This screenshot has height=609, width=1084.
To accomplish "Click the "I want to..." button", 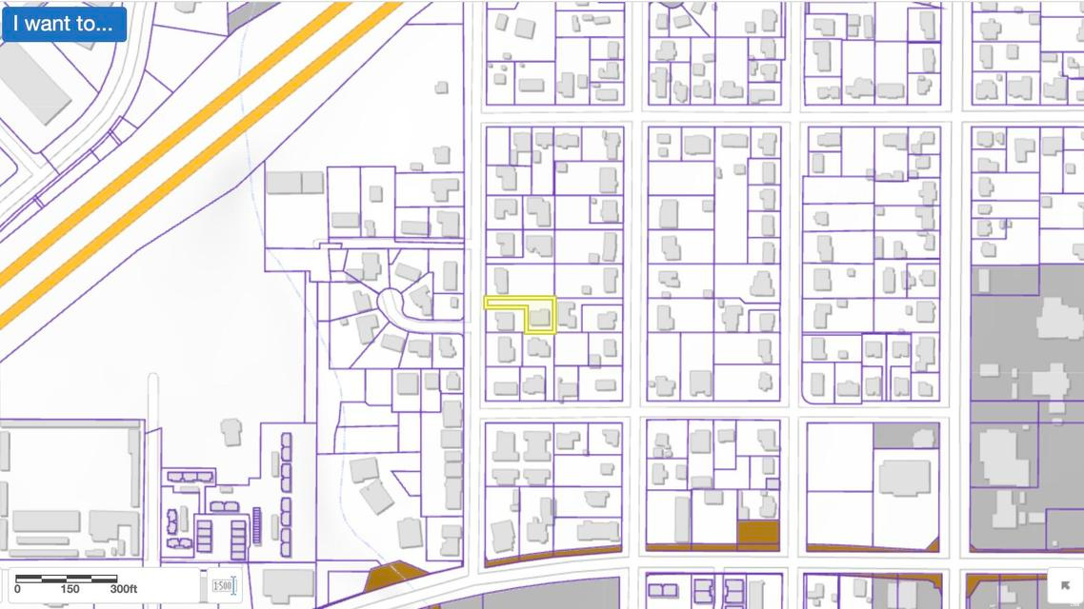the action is click(x=64, y=23).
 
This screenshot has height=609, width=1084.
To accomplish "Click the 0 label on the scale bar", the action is click(x=17, y=589).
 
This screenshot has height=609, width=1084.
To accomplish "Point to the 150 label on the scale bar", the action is click(x=70, y=589).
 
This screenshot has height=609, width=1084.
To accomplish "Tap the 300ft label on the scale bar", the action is click(x=123, y=589).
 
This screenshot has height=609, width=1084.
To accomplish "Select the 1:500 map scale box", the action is click(x=223, y=585).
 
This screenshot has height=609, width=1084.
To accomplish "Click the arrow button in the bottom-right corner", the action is click(x=1065, y=585).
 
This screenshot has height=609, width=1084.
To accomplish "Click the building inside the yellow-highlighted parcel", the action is click(x=540, y=316).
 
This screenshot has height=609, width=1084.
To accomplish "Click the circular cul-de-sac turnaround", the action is click(x=392, y=304).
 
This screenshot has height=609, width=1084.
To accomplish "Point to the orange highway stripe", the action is click(x=191, y=143).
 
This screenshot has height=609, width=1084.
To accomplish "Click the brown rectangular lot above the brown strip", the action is click(x=758, y=532).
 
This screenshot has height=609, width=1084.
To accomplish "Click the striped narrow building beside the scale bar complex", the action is click(x=255, y=525).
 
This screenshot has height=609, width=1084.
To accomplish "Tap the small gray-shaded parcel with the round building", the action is click(x=906, y=436).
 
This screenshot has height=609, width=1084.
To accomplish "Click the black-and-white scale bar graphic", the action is click(x=67, y=578).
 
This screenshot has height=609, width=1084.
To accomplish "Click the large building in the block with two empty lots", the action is click(x=903, y=477).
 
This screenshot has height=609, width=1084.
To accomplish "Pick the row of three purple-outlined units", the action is click(x=190, y=477).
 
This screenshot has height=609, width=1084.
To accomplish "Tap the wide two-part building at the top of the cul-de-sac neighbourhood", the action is click(x=294, y=182).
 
